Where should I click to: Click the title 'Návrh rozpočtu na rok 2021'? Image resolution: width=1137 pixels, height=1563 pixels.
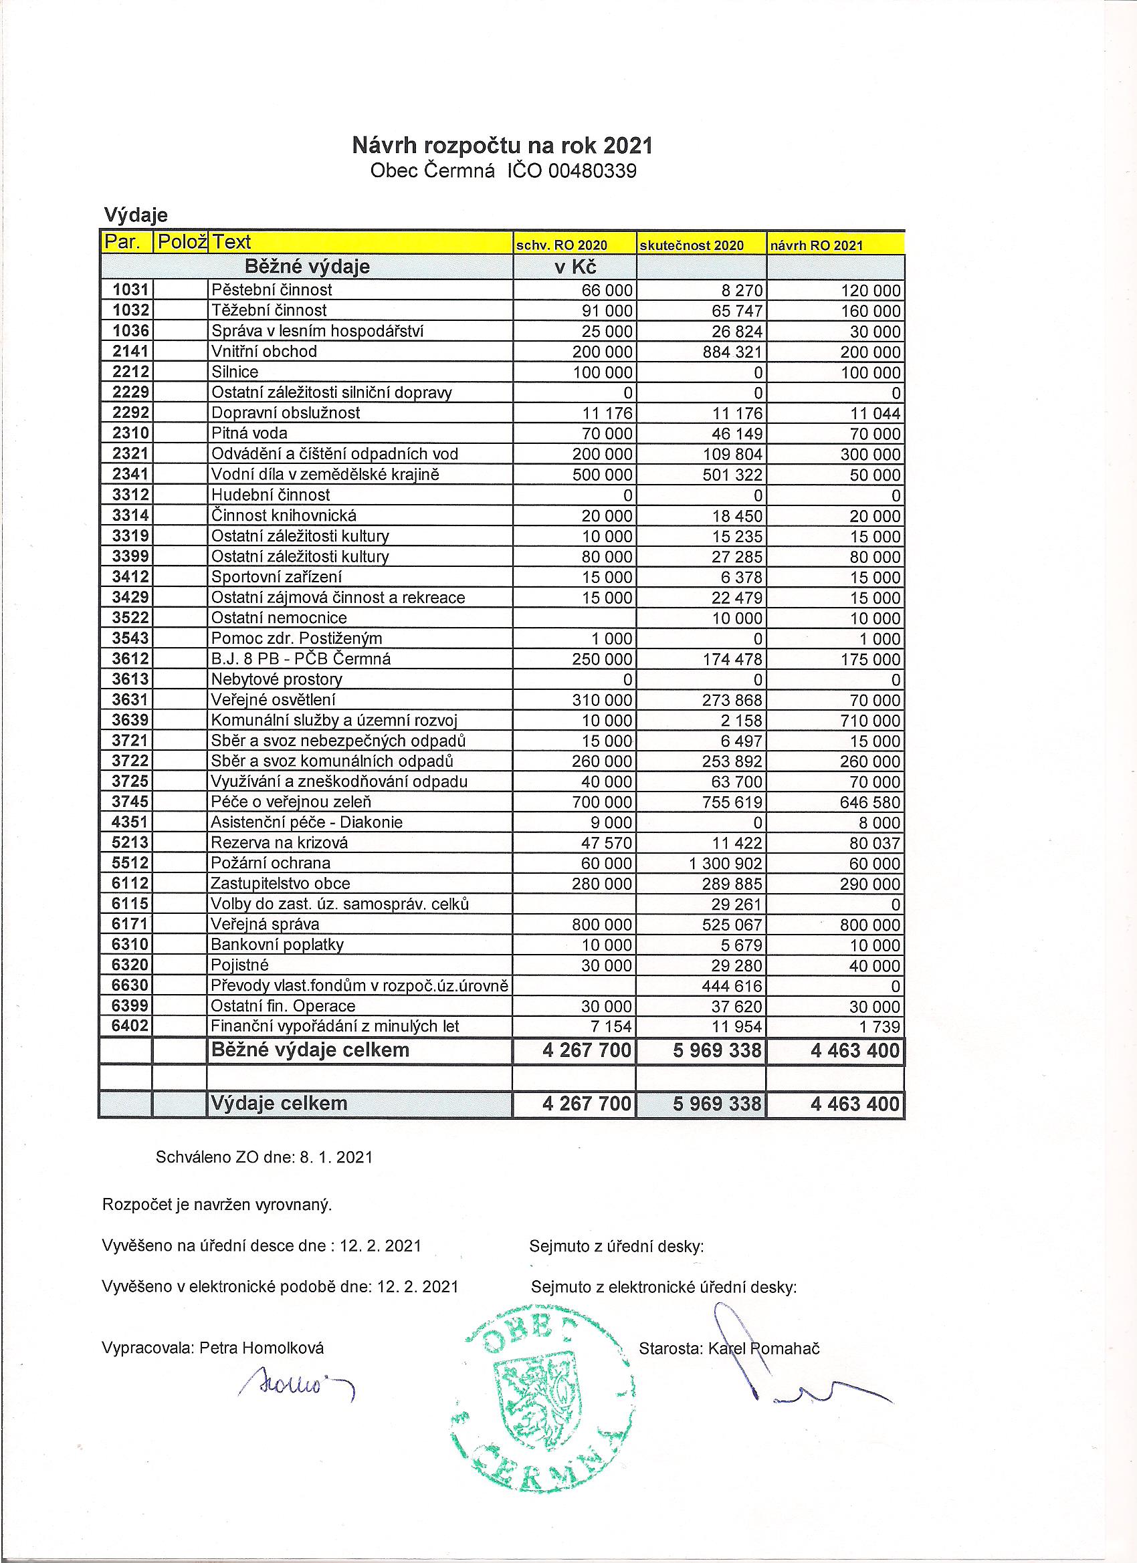(x=502, y=146)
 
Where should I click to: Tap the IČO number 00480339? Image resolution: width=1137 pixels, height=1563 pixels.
(x=592, y=171)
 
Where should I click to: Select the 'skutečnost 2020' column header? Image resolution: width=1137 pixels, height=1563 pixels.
(x=692, y=245)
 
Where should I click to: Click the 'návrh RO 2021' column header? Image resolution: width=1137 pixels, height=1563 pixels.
(x=817, y=245)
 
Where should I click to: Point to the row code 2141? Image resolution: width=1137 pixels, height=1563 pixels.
(x=130, y=352)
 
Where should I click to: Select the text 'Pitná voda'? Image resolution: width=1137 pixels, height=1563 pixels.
(x=249, y=433)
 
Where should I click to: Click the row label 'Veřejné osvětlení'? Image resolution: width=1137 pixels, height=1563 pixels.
(x=274, y=700)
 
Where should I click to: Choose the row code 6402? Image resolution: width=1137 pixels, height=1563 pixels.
(x=130, y=1026)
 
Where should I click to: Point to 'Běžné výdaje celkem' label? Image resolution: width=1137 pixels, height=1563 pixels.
(x=310, y=1050)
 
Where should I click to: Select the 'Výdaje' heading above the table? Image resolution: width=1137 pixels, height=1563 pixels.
(x=136, y=215)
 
